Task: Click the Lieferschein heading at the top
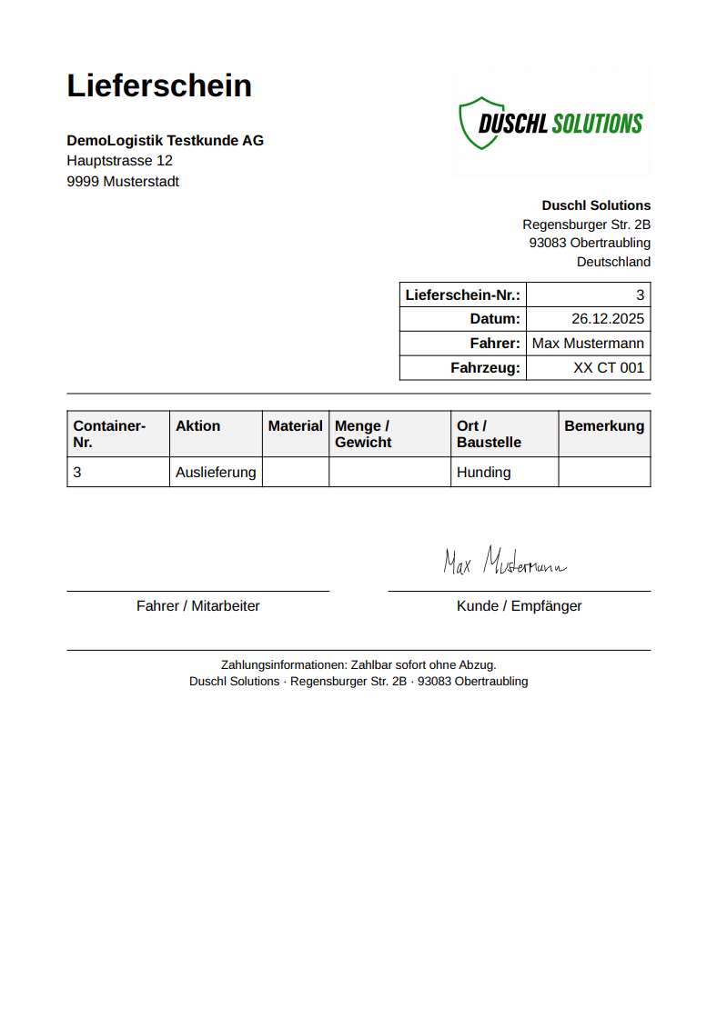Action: tap(159, 85)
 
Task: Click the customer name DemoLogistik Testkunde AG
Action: tap(165, 140)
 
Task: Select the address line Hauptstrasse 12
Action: tap(119, 161)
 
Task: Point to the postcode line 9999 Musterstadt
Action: tap(123, 182)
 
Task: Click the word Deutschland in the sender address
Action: tap(613, 262)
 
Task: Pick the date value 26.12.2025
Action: tap(607, 319)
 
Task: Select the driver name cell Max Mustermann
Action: tap(588, 344)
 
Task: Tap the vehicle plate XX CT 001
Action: tap(608, 368)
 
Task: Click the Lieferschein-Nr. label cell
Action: tap(463, 295)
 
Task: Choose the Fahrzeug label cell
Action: tap(485, 368)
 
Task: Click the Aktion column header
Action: tap(198, 426)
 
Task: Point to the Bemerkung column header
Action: tap(604, 426)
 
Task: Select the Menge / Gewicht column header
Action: tap(364, 434)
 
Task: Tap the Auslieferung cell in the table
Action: tap(216, 473)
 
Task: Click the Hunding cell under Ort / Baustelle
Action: tap(484, 473)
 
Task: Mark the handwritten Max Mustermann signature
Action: tap(504, 563)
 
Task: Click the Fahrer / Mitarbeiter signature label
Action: tap(198, 606)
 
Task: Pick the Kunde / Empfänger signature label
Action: tap(519, 606)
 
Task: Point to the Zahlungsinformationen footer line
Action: tap(358, 665)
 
